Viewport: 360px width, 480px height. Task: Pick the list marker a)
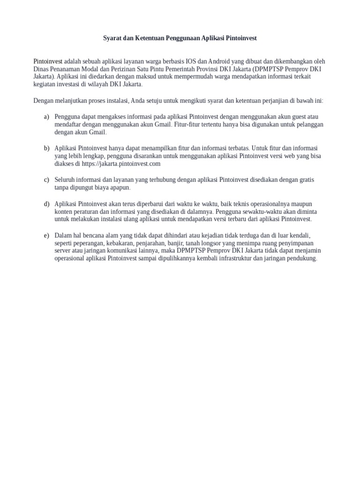click(x=46, y=116)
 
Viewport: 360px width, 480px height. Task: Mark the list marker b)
click(x=46, y=148)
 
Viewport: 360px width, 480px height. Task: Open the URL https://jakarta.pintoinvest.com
click(x=121, y=164)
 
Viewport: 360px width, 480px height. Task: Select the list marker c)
click(x=46, y=180)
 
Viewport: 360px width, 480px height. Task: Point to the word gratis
click(x=304, y=180)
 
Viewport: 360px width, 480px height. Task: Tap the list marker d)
click(x=46, y=204)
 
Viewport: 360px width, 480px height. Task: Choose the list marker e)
click(x=46, y=235)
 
